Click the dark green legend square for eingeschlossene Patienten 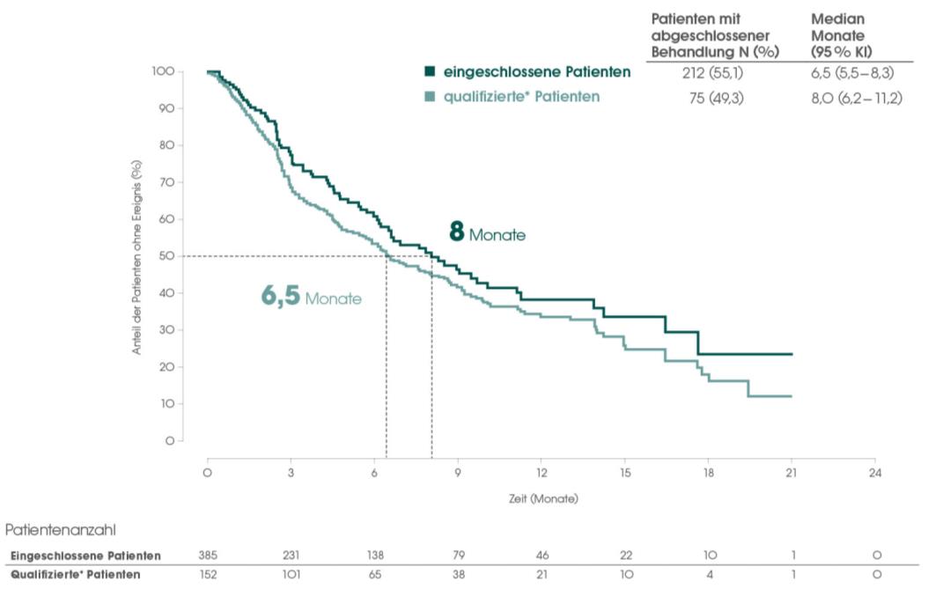point(429,72)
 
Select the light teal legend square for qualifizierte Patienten point(429,97)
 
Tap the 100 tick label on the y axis point(162,71)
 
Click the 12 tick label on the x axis point(542,473)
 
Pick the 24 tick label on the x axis point(874,473)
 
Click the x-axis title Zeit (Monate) point(543,499)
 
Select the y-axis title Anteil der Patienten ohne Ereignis point(137,257)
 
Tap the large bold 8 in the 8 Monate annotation point(456,232)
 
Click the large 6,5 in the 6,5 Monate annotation point(281,296)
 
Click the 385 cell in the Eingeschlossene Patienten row point(208,556)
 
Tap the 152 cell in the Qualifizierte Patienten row point(208,574)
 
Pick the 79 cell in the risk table point(458,556)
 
